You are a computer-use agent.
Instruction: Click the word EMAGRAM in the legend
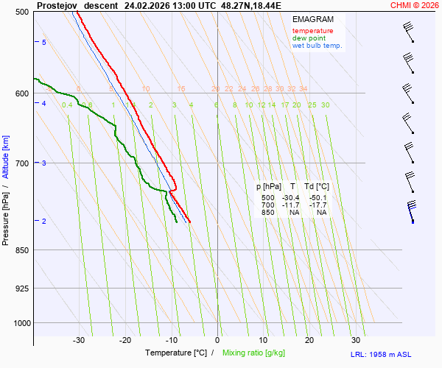[312, 18]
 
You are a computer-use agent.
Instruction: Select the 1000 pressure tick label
[21, 323]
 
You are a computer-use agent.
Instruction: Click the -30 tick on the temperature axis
[79, 340]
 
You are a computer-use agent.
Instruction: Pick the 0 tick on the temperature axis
[217, 340]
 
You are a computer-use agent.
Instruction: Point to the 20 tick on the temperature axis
[309, 340]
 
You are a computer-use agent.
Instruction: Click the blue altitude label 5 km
[44, 43]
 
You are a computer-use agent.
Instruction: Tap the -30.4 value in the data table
[290, 198]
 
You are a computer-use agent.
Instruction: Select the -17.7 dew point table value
[318, 205]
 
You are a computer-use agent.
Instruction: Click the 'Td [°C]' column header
[317, 187]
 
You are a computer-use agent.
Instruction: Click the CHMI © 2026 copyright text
[415, 5]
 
